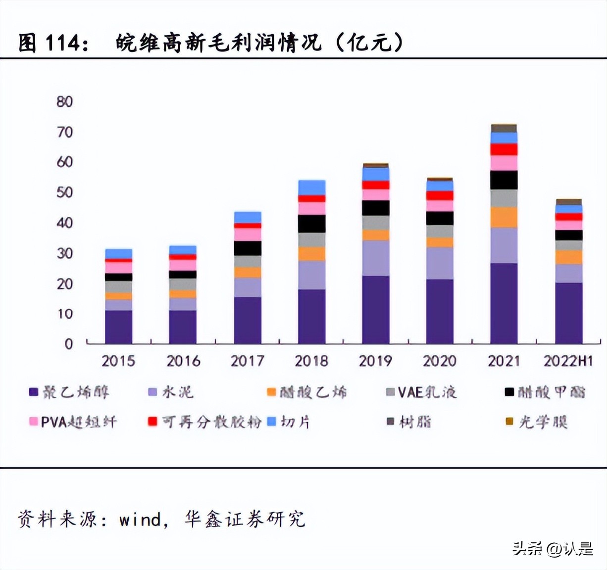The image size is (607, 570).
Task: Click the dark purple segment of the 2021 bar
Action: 504,303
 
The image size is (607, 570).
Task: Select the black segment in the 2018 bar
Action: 311,224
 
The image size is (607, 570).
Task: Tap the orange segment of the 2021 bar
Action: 504,217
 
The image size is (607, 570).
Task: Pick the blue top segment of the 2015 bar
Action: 118,253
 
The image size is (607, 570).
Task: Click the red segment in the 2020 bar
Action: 440,195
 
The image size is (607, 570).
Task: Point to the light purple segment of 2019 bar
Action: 375,258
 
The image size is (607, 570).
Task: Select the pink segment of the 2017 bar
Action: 247,234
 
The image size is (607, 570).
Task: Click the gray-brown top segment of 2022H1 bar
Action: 568,201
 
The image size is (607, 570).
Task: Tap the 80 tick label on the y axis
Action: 64,101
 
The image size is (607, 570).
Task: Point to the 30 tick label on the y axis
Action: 64,253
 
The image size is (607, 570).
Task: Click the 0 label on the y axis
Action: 68,344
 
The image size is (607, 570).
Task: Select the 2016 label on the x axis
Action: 183,361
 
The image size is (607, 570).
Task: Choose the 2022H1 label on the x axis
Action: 568,361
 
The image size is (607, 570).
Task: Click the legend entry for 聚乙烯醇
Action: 69,392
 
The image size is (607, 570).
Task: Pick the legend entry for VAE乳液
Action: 421,392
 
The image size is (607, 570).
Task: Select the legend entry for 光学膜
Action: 537,422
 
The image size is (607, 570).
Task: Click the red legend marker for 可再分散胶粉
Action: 152,422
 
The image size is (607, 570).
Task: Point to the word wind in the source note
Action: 140,520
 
